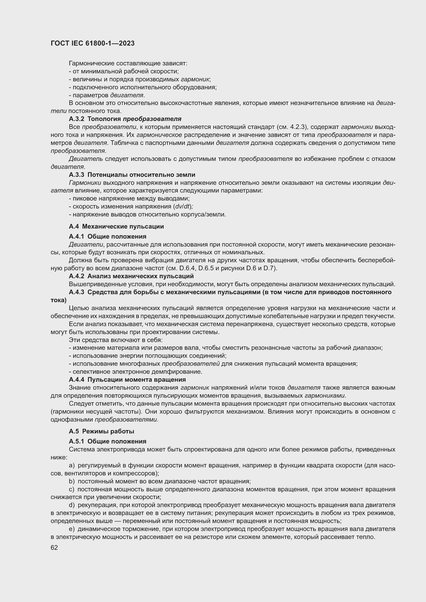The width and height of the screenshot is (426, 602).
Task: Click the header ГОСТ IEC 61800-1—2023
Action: tap(93, 43)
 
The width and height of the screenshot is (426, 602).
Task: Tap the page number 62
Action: tap(54, 548)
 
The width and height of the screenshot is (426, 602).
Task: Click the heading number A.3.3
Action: tap(76, 175)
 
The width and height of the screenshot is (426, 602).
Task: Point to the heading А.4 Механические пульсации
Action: tap(116, 226)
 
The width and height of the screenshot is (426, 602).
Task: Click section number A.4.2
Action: tap(76, 276)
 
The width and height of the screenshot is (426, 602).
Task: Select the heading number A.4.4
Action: tap(76, 380)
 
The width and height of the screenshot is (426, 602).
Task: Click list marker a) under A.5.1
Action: tap(72, 465)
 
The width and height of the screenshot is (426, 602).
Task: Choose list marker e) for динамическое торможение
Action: tap(72, 529)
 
